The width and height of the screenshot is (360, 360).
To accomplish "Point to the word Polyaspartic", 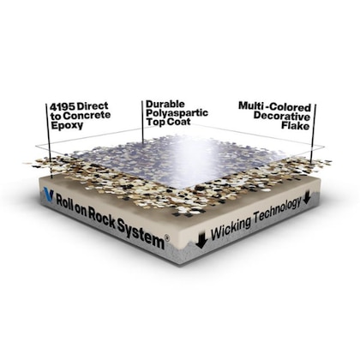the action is click(x=177, y=113).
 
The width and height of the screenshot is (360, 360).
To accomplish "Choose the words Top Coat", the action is click(x=168, y=122).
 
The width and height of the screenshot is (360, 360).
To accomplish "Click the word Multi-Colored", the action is click(x=275, y=107).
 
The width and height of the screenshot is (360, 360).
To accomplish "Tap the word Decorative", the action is click(x=282, y=117).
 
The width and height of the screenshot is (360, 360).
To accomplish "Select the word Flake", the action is click(x=296, y=125).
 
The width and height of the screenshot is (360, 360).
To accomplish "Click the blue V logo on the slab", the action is click(x=48, y=195).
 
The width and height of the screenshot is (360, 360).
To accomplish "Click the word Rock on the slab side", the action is click(x=102, y=215).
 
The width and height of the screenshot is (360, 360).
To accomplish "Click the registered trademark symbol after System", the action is click(x=167, y=238).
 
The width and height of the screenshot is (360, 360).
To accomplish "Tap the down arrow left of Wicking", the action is click(x=201, y=239).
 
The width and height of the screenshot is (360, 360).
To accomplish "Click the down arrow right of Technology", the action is click(x=307, y=197).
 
